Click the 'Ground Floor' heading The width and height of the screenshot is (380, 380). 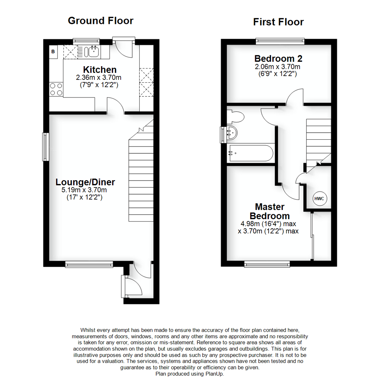tap(100, 21)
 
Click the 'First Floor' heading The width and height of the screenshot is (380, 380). tap(278, 22)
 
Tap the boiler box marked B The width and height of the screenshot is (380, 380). tap(53, 52)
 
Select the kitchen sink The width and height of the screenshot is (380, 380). tap(93, 52)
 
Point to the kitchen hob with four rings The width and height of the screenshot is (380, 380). tap(56, 89)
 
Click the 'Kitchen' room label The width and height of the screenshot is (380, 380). tap(100, 70)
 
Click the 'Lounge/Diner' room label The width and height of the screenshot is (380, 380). tap(85, 182)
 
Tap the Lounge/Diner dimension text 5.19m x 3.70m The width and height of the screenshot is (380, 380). tap(84, 190)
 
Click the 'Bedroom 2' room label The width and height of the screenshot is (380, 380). tap(278, 58)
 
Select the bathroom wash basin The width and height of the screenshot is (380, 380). tap(232, 133)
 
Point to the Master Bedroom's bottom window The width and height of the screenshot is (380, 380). tap(267, 264)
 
